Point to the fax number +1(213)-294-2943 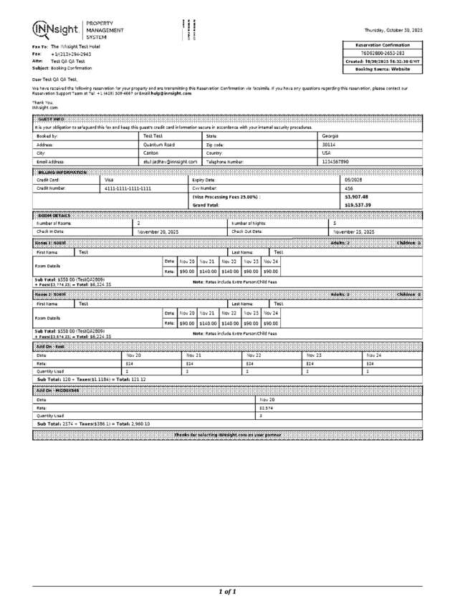point(71,54)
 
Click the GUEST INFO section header point(51,118)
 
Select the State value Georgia point(330,135)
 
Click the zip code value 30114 point(329,144)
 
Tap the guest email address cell point(170,162)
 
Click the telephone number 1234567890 point(335,162)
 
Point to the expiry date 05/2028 point(354,180)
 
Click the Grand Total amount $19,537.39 point(358,205)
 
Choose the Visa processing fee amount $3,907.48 point(356,196)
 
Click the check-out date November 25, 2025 point(355,232)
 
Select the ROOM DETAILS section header point(54,215)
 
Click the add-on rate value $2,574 point(266,408)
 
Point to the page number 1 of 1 point(227,592)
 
